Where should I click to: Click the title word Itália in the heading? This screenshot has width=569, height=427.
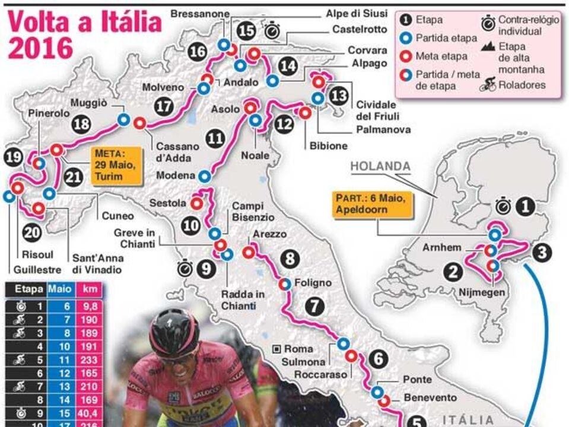click(x=123, y=22)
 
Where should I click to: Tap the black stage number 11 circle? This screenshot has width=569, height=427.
click(x=216, y=139)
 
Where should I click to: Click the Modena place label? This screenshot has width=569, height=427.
click(x=176, y=176)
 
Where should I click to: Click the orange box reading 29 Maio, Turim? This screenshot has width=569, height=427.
click(x=117, y=165)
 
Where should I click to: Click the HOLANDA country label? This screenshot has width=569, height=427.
click(x=380, y=166)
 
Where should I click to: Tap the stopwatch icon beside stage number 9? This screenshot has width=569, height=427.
click(x=186, y=269)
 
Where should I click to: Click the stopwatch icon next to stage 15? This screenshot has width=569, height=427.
click(x=272, y=30)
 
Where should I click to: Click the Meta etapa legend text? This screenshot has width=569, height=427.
click(x=441, y=56)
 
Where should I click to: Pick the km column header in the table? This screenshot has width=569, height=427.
click(x=90, y=290)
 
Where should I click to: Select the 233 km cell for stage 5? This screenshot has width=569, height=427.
click(x=90, y=358)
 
